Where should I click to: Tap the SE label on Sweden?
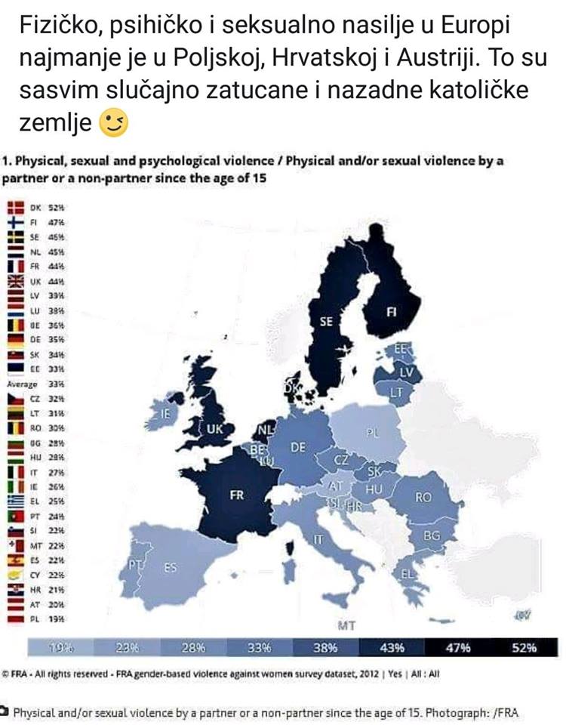point(325,321)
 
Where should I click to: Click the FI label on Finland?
point(392,310)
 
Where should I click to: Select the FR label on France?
point(236,495)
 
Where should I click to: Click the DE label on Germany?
point(298,447)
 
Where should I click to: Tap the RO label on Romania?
point(423,498)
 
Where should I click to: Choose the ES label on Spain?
point(171,566)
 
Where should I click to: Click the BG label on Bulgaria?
point(432,535)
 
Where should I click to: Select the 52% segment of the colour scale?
point(525,647)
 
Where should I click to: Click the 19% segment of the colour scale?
point(60,647)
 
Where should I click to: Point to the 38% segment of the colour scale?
point(326,647)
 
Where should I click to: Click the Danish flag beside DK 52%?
point(16,207)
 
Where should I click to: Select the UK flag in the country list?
point(16,279)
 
